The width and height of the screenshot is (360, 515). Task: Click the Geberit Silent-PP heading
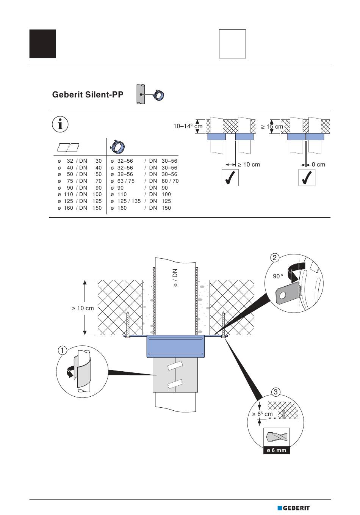pyautogui.click(x=88, y=95)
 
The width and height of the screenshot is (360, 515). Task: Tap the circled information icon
pyautogui.click(x=60, y=124)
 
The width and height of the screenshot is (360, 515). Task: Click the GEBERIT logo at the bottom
pyautogui.click(x=293, y=508)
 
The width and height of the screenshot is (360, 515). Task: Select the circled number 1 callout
pyautogui.click(x=63, y=350)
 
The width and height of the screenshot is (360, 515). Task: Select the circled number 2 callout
pyautogui.click(x=275, y=258)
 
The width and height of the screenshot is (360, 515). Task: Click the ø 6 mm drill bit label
pyautogui.click(x=276, y=451)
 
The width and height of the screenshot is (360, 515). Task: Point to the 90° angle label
pyautogui.click(x=278, y=276)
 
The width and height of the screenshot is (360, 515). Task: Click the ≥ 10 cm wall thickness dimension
pyautogui.click(x=83, y=308)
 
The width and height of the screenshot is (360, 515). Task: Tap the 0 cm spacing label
pyautogui.click(x=318, y=165)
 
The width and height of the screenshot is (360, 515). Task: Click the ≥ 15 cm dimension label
pyautogui.click(x=272, y=127)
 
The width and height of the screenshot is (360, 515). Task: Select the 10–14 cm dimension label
pyautogui.click(x=188, y=126)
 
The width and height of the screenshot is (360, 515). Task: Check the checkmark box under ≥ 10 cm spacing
pyautogui.click(x=230, y=178)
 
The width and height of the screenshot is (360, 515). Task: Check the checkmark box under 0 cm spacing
pyautogui.click(x=307, y=178)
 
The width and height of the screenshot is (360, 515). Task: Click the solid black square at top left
pyautogui.click(x=43, y=44)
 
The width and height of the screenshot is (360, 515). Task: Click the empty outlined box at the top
pyautogui.click(x=232, y=44)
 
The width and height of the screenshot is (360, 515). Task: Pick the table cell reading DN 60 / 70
pyautogui.click(x=164, y=181)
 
